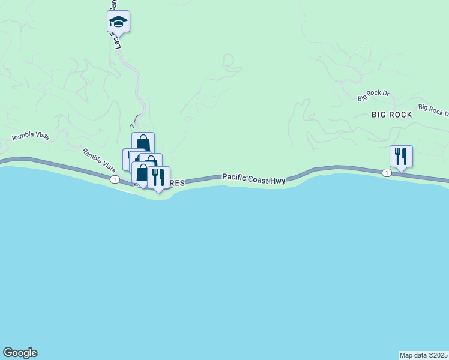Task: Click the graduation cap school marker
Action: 118,22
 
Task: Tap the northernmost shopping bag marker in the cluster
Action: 143,143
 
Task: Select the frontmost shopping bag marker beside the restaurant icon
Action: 142,173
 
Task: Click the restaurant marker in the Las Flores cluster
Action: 158,178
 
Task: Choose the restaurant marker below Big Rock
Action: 401,157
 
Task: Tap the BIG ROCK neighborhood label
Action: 391,115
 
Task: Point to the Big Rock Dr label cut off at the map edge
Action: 433,110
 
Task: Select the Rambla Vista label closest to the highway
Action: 98,158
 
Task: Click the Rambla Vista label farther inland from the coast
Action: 30,137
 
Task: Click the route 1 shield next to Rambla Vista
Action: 113,179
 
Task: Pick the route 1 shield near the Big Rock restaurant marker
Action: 387,173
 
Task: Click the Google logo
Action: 20,353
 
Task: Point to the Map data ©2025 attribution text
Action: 423,355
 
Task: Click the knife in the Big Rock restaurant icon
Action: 405,156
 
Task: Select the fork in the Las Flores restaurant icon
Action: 155,177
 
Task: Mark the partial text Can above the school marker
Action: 112,5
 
